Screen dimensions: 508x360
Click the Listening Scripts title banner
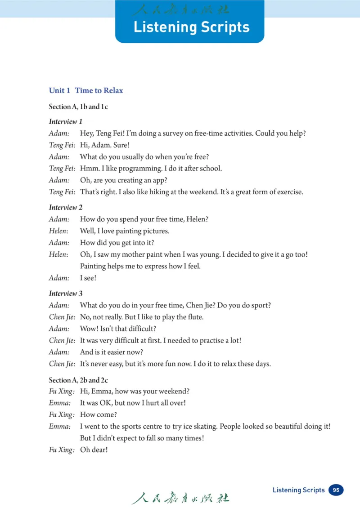pos(191,27)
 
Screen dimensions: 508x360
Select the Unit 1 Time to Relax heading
pos(85,90)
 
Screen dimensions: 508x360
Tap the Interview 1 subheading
pos(65,121)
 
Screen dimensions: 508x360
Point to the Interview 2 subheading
pos(65,207)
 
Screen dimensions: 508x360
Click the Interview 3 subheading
pos(65,294)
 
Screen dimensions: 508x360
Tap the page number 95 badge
pos(336,490)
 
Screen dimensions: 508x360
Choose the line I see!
pos(88,278)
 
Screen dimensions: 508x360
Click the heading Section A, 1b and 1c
pos(78,107)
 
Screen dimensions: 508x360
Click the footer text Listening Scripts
pos(298,490)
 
